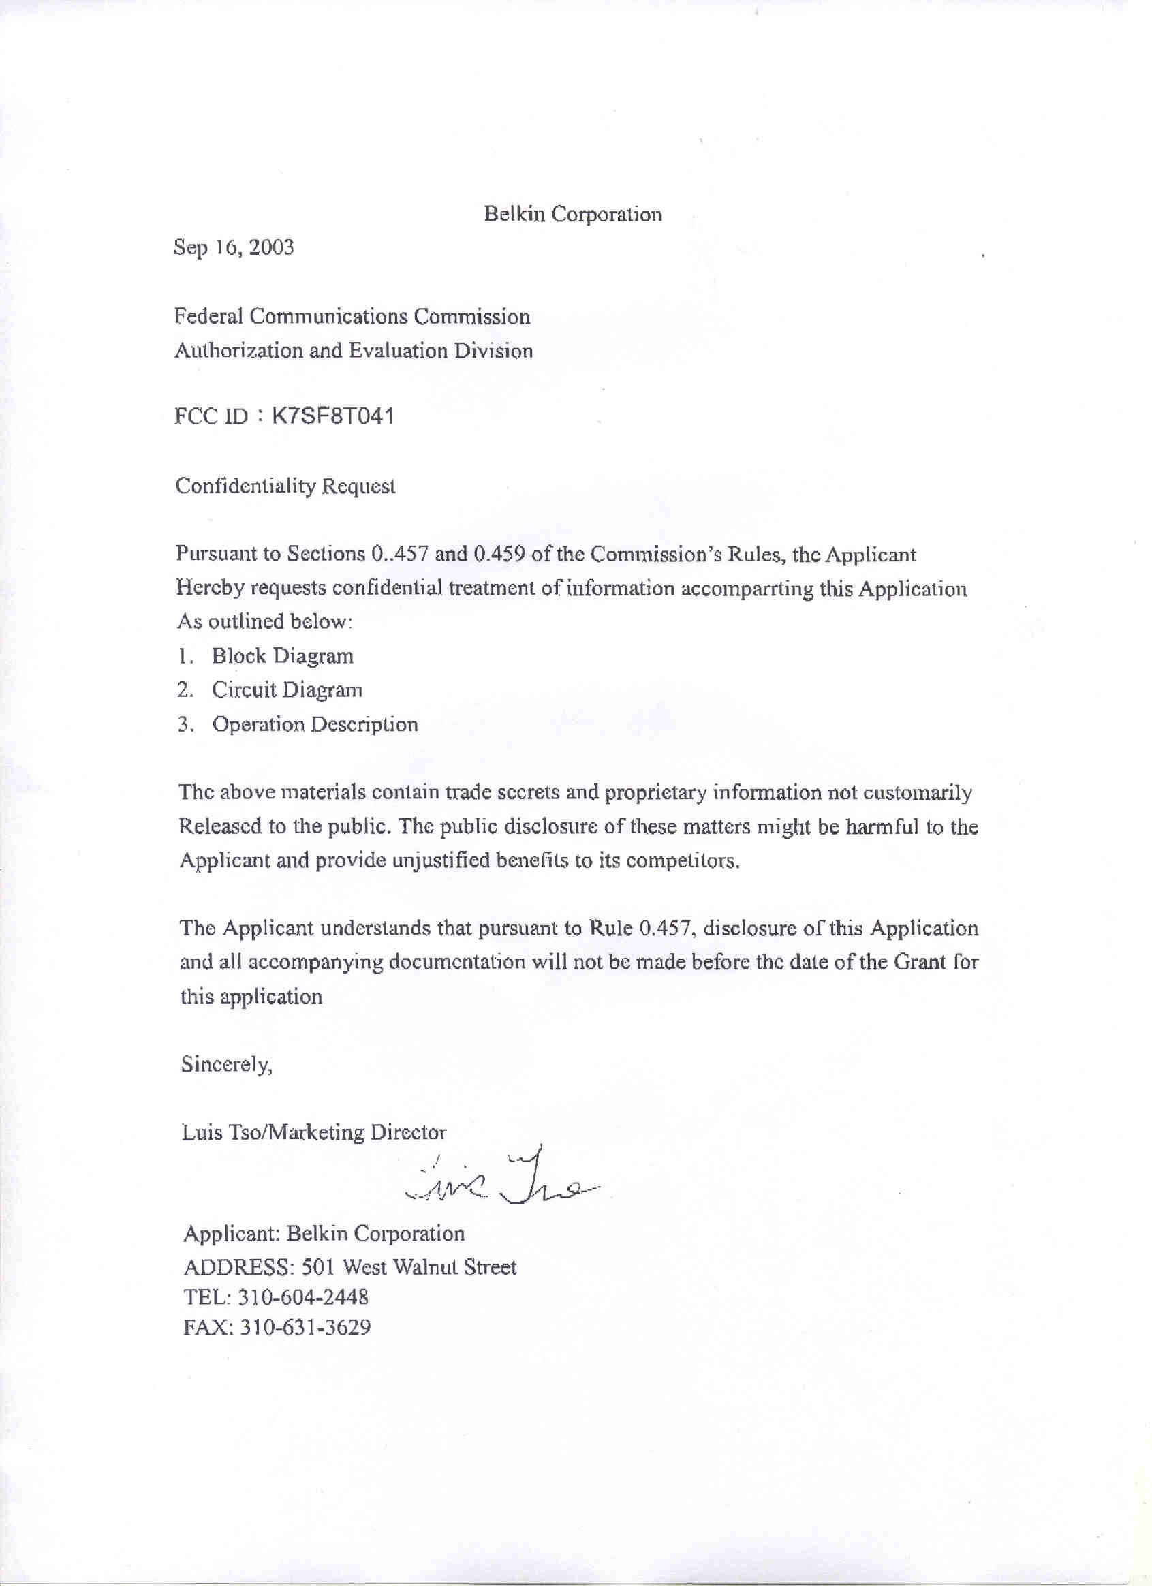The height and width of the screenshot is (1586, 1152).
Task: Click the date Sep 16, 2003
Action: click(234, 248)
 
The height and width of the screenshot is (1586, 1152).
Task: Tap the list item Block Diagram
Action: click(282, 657)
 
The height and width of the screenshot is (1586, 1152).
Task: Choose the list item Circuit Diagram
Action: click(287, 690)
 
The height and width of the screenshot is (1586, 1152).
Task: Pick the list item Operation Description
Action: click(315, 724)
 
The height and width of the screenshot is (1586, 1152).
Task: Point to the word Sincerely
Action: click(226, 1064)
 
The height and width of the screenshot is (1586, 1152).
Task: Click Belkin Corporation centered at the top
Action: click(573, 214)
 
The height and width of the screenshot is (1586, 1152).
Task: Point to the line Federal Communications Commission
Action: click(352, 317)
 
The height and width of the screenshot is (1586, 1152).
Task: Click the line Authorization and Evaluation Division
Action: click(353, 350)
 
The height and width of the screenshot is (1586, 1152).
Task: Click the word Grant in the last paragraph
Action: click(920, 962)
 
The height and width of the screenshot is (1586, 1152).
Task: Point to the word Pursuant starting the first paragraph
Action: click(216, 555)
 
